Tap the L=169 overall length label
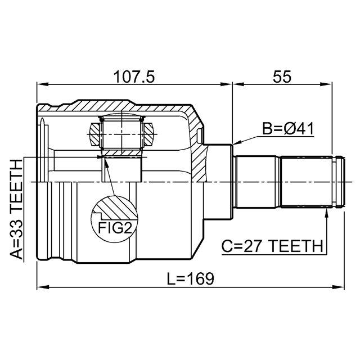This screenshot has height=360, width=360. tap(191, 277)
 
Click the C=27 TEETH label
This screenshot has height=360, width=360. tap(272, 246)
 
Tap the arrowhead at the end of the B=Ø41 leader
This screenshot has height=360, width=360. tap(236, 143)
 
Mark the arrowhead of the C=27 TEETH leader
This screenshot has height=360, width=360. tap(327, 211)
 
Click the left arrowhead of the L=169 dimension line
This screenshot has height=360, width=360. tap(41, 287)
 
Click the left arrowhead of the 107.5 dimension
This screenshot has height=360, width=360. tap(41, 85)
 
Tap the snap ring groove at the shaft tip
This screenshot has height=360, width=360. tap(336, 181)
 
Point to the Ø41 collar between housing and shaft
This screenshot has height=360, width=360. tap(220, 181)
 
